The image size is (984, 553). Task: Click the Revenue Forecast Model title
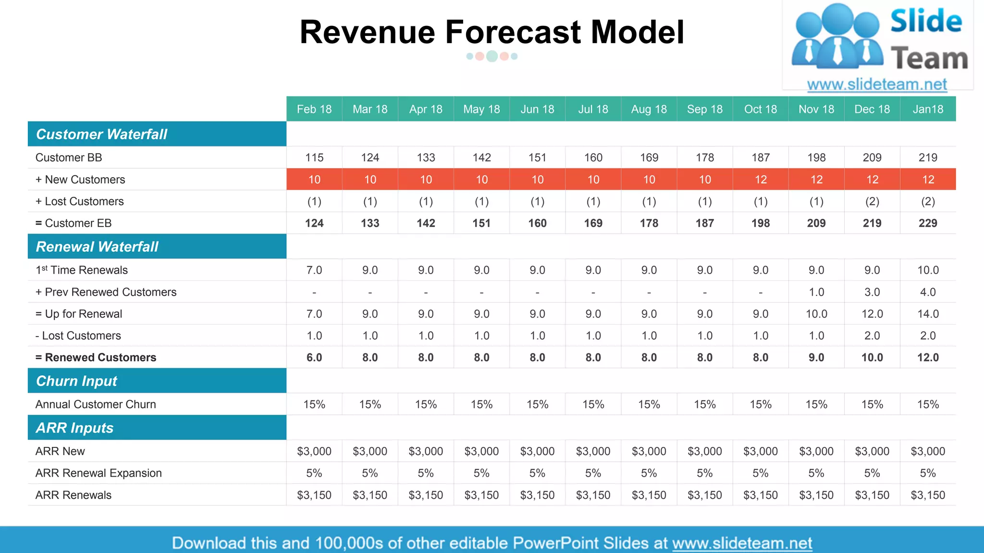[x=492, y=32]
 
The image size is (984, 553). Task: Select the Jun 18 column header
[x=537, y=109]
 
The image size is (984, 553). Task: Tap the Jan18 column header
[x=928, y=109]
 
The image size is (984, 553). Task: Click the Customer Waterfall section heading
[x=101, y=134]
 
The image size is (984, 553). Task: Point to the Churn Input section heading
[x=76, y=381]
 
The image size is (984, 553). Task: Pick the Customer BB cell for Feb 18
[x=314, y=157]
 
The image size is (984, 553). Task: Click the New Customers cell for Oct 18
[x=761, y=180]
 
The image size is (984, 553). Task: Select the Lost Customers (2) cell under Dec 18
[x=872, y=202]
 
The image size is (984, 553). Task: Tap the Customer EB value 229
[x=928, y=223]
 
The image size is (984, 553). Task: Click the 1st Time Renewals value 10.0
[x=928, y=270]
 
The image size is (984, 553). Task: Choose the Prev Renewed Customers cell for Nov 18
[x=816, y=292]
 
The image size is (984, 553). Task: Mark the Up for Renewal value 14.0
[x=928, y=314]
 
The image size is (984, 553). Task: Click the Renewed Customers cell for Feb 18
[x=314, y=358]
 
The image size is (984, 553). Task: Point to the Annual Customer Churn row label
[x=96, y=404]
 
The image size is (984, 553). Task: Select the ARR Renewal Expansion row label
[x=98, y=473]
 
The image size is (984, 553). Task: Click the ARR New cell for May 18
[x=481, y=451]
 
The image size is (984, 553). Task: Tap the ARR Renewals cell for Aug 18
[x=649, y=495]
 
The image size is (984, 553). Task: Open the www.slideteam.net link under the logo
[x=877, y=84]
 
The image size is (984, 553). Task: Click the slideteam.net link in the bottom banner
[x=742, y=543]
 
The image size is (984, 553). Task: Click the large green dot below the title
[x=492, y=56]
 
